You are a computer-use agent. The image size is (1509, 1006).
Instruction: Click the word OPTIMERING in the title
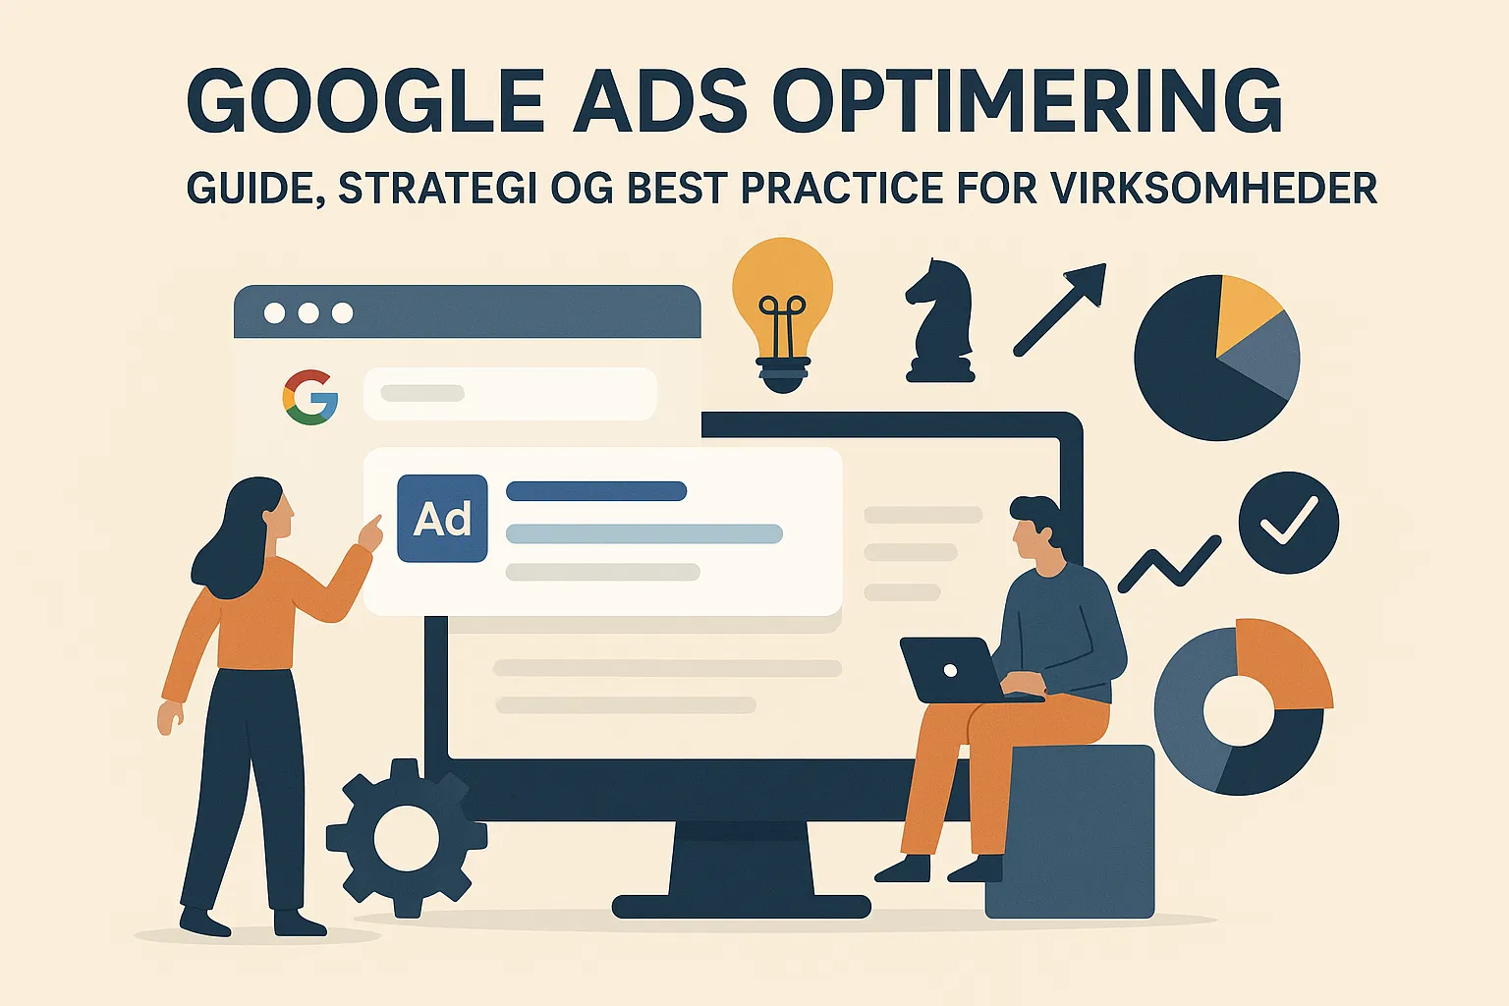(x=1027, y=100)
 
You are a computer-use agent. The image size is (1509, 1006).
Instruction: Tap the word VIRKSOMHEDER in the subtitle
(x=1213, y=188)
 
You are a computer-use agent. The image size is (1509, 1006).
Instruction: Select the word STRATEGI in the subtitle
(x=437, y=188)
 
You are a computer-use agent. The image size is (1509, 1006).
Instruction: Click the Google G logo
(x=310, y=397)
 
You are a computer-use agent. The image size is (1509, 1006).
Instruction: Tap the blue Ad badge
(x=443, y=518)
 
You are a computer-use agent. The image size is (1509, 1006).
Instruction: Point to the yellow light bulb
(x=783, y=314)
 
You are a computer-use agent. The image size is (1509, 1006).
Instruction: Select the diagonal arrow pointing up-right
(x=1060, y=309)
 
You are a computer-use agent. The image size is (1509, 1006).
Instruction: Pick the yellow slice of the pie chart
(x=1248, y=313)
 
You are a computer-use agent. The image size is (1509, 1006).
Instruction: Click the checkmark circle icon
(x=1289, y=523)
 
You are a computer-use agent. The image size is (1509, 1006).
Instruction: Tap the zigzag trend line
(x=1169, y=565)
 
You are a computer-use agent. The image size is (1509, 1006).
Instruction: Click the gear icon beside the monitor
(x=407, y=838)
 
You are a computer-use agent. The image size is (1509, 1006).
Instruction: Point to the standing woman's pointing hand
(x=369, y=533)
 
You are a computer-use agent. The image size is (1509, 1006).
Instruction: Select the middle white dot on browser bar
(x=308, y=312)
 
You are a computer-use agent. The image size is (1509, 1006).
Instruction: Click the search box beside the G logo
(x=510, y=394)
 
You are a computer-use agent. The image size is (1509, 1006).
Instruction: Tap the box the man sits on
(x=1070, y=831)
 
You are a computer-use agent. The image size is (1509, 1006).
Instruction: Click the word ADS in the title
(x=659, y=100)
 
